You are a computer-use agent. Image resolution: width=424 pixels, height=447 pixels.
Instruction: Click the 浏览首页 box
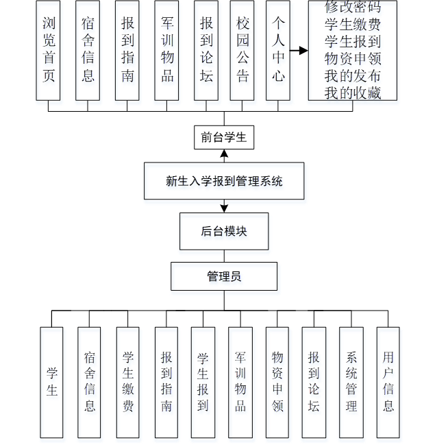(48, 50)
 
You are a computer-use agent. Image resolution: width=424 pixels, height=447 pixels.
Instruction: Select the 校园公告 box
(243, 50)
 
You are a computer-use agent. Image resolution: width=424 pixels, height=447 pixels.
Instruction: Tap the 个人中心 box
(277, 50)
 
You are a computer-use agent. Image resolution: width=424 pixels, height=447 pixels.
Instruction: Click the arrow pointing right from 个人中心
(298, 51)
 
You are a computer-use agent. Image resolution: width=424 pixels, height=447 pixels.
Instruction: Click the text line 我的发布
(352, 75)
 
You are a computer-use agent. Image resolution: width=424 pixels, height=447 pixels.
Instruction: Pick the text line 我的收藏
(352, 93)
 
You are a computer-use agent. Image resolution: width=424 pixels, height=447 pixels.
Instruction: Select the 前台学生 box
(224, 137)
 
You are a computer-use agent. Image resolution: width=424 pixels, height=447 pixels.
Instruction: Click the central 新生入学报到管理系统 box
(224, 181)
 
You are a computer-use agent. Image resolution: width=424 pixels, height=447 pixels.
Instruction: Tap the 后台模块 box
(224, 231)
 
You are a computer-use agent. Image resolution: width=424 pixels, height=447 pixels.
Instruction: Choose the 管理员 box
(224, 277)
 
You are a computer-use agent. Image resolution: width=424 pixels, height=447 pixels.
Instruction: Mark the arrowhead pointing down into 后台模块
(224, 208)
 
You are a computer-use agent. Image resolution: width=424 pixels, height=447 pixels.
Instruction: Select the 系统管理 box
(351, 382)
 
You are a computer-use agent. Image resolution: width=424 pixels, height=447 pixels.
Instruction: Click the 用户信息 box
(388, 382)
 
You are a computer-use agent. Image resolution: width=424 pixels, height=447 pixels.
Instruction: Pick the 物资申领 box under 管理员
(277, 382)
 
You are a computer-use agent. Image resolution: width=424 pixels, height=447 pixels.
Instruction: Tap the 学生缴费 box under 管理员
(127, 382)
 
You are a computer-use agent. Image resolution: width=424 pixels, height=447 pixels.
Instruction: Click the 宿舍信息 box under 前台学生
(88, 50)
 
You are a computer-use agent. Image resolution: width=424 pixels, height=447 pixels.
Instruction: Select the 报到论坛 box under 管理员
(314, 382)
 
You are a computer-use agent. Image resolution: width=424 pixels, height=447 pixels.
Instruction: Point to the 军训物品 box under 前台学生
(166, 50)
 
